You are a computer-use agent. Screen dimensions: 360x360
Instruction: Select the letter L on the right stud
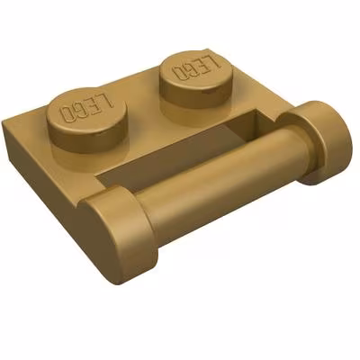(212, 60)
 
